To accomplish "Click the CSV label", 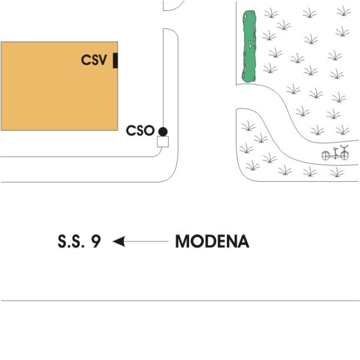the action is [94, 59].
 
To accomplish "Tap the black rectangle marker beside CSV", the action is [115, 60].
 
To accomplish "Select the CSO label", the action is [140, 131].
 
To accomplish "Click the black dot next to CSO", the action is [163, 131].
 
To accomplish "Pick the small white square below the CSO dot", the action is [163, 142].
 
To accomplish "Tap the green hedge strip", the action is [249, 46].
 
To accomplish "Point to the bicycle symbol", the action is [335, 154].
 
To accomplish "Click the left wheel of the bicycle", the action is [326, 155].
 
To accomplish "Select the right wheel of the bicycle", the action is [344, 155].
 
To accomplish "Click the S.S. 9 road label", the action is [79, 242].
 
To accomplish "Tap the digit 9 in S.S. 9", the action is [96, 242].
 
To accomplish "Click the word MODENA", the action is [212, 242].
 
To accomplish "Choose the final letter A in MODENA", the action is [243, 242].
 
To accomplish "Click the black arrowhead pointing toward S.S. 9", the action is [118, 241].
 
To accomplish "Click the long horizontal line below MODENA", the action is [180, 301].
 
